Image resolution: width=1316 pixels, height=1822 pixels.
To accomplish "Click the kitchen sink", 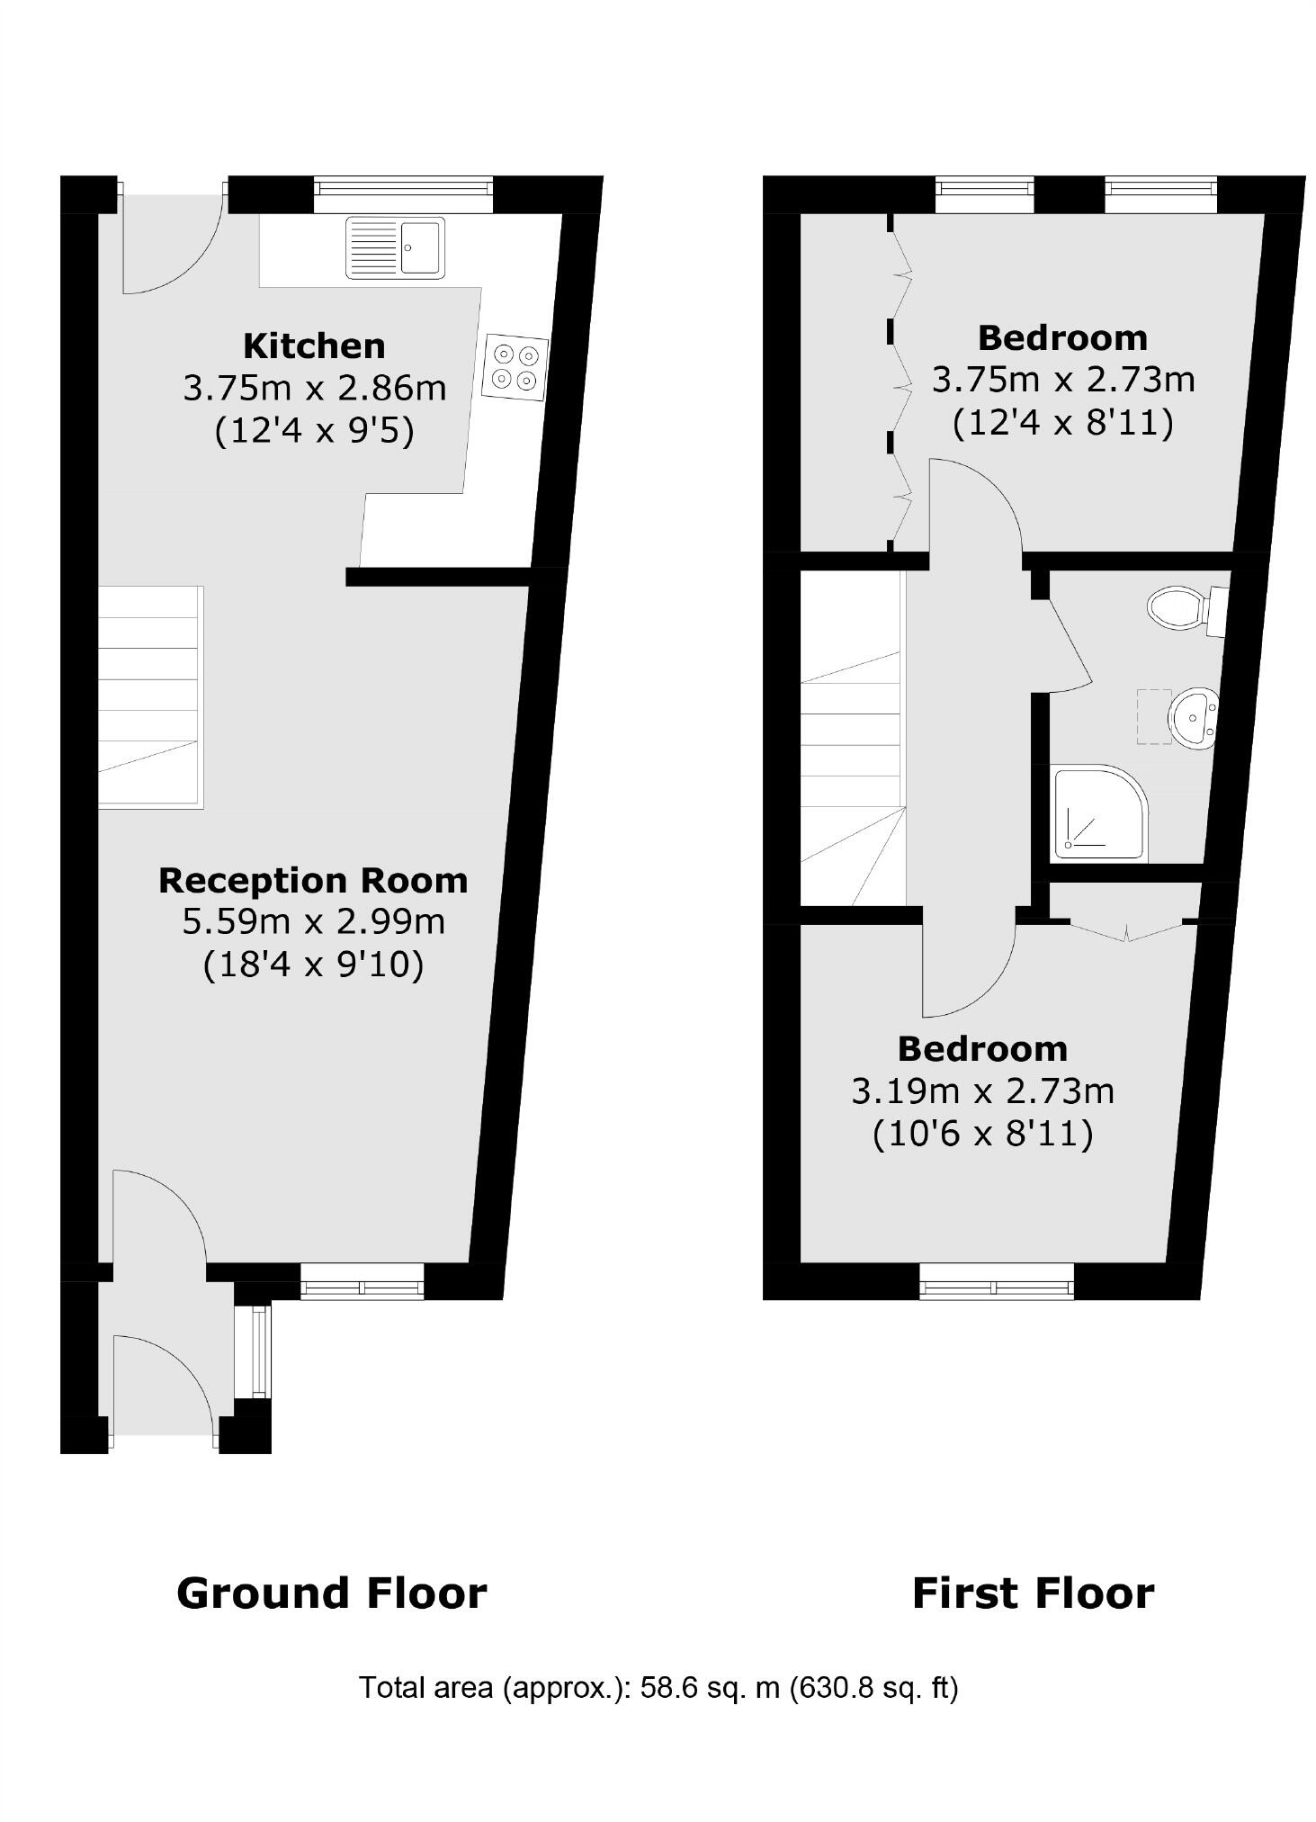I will click(395, 247).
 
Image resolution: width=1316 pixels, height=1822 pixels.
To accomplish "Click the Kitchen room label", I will click(314, 346).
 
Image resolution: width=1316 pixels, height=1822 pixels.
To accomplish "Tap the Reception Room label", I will click(313, 880).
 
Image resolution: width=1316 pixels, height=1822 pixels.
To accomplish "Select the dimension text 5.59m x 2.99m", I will click(313, 922).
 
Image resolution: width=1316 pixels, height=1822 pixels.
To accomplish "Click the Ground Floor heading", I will click(331, 1593).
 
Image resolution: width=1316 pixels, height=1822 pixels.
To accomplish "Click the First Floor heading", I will click(1033, 1593).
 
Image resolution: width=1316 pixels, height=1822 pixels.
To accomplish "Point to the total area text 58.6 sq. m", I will click(658, 1687).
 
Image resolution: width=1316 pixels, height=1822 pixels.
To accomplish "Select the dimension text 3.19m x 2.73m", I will click(982, 1091).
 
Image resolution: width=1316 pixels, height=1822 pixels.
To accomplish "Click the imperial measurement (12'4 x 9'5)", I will click(314, 432).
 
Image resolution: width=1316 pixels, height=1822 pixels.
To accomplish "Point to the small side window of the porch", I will click(260, 1351).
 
